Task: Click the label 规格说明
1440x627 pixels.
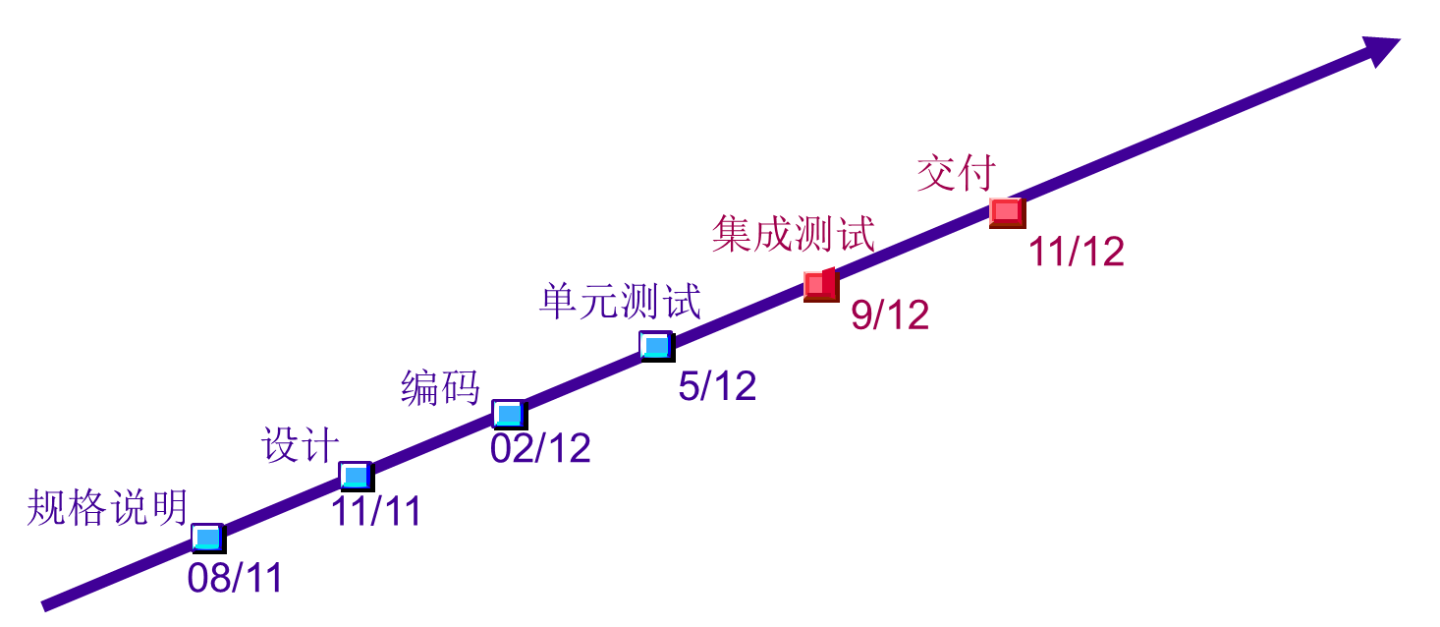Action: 107,507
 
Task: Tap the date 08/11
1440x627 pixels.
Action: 235,578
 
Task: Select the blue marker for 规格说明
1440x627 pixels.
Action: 207,537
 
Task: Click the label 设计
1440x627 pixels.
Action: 301,445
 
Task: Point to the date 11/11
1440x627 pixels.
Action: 375,511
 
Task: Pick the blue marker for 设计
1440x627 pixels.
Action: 355,476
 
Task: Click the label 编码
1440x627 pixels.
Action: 440,387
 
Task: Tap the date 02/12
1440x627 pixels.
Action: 540,449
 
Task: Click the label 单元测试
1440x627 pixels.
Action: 620,301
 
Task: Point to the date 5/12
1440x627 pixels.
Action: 717,386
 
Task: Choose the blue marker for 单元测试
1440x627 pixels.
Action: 655,345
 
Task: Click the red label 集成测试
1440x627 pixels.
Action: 793,234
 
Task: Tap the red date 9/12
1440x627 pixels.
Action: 890,314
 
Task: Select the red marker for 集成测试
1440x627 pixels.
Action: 820,285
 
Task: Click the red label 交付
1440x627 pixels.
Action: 956,173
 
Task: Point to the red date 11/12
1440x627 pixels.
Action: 1076,253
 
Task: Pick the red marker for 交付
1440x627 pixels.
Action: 1007,212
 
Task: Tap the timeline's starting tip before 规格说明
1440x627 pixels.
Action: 45,604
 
